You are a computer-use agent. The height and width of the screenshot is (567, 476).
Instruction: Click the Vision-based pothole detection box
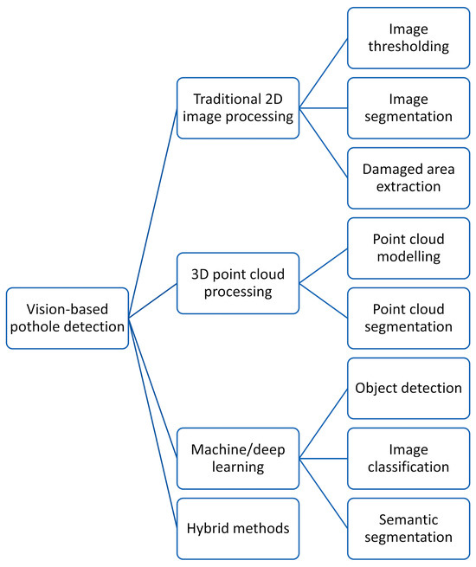[68, 319]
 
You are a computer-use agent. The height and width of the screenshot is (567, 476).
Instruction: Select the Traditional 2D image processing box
[238, 107]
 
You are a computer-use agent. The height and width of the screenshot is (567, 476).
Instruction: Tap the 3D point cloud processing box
[238, 283]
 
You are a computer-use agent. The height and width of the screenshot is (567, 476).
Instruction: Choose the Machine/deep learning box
[238, 459]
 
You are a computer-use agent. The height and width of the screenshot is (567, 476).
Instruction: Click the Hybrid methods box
[238, 529]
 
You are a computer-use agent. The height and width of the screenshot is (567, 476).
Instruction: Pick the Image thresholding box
[408, 38]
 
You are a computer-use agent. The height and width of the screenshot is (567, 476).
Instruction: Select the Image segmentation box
[408, 107]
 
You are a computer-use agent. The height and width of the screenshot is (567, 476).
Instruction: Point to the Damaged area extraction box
[408, 178]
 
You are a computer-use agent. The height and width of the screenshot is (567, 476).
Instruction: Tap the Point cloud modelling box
[408, 248]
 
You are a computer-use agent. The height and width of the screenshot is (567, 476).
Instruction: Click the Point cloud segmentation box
[408, 319]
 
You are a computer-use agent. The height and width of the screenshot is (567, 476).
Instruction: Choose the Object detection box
[408, 389]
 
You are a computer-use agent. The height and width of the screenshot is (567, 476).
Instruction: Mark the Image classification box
[408, 459]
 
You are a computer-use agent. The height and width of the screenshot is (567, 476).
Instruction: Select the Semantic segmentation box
[408, 529]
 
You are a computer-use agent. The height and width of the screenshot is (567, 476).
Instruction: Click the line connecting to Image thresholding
[324, 73]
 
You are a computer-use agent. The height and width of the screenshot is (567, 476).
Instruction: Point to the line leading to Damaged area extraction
[324, 143]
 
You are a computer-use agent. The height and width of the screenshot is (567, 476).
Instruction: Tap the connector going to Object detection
[324, 423]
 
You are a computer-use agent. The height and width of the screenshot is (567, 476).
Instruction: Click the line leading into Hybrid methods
[153, 423]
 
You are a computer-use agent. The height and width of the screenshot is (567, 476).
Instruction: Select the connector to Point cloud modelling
[324, 266]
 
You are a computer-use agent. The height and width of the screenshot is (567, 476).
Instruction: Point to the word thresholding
[408, 47]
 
